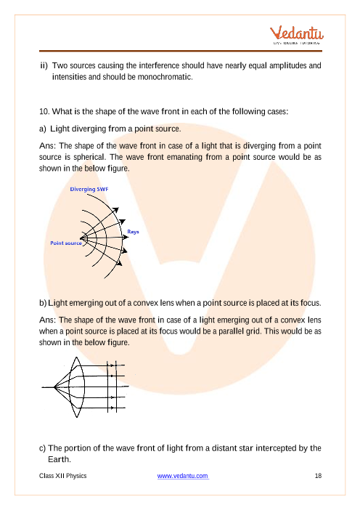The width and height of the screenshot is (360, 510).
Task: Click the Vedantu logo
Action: coord(296,35)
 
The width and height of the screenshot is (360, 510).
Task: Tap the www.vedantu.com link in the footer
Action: coord(183,476)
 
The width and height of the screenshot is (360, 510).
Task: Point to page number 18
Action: coord(318,476)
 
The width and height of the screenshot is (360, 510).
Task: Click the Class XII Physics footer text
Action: coord(62,476)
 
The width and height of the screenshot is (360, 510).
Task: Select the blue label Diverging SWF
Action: coord(89,189)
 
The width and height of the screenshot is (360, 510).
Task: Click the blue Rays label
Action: coord(133,232)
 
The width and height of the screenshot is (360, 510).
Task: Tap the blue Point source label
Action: coord(66,243)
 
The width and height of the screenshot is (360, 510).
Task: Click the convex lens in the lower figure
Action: coord(77,387)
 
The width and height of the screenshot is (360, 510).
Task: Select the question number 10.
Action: coord(44,112)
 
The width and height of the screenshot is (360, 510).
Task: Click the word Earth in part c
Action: coord(59,459)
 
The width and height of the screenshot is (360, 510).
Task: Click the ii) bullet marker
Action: coord(44,65)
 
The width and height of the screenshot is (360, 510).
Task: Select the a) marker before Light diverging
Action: coord(43,129)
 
